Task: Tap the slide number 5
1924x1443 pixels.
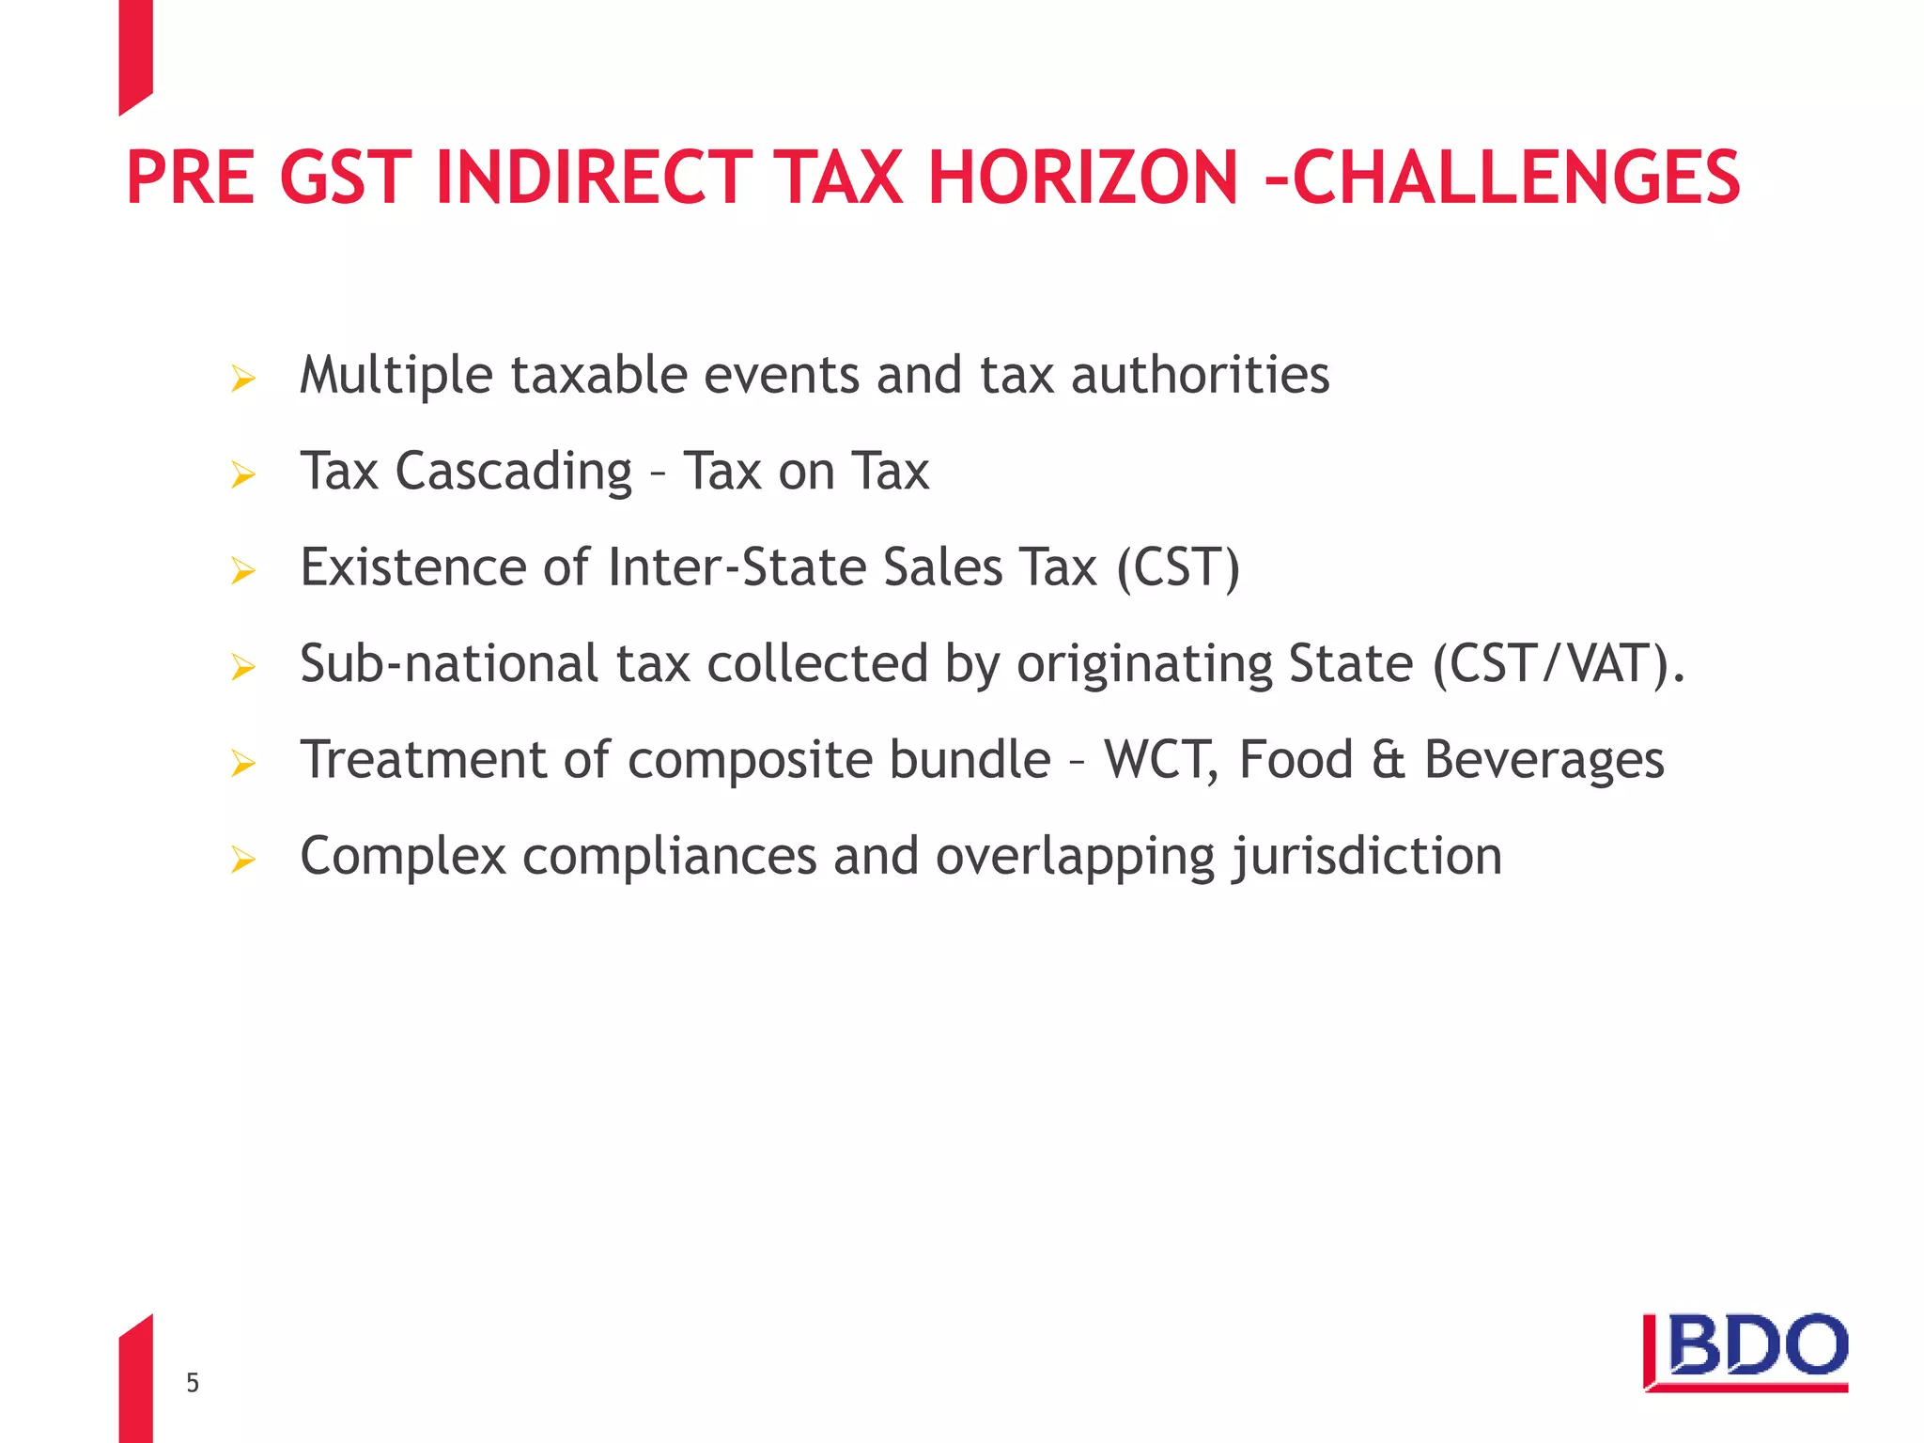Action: (193, 1383)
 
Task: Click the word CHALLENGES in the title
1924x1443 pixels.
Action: (1516, 178)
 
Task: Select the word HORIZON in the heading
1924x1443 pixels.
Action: (1083, 178)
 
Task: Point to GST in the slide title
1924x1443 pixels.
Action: (346, 178)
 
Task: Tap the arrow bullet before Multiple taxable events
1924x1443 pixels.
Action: (242, 380)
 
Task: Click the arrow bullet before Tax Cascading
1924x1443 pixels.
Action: (242, 475)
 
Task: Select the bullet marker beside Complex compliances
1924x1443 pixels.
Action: (242, 860)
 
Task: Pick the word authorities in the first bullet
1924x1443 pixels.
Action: (1200, 376)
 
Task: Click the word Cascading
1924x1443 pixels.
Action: (514, 472)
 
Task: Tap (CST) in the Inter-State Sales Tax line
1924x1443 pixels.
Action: (1178, 568)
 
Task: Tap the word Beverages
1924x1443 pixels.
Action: (1544, 761)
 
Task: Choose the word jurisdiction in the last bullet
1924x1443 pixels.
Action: (1367, 858)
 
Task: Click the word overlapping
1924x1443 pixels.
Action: (1076, 858)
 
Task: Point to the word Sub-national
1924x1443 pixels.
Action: (449, 664)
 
